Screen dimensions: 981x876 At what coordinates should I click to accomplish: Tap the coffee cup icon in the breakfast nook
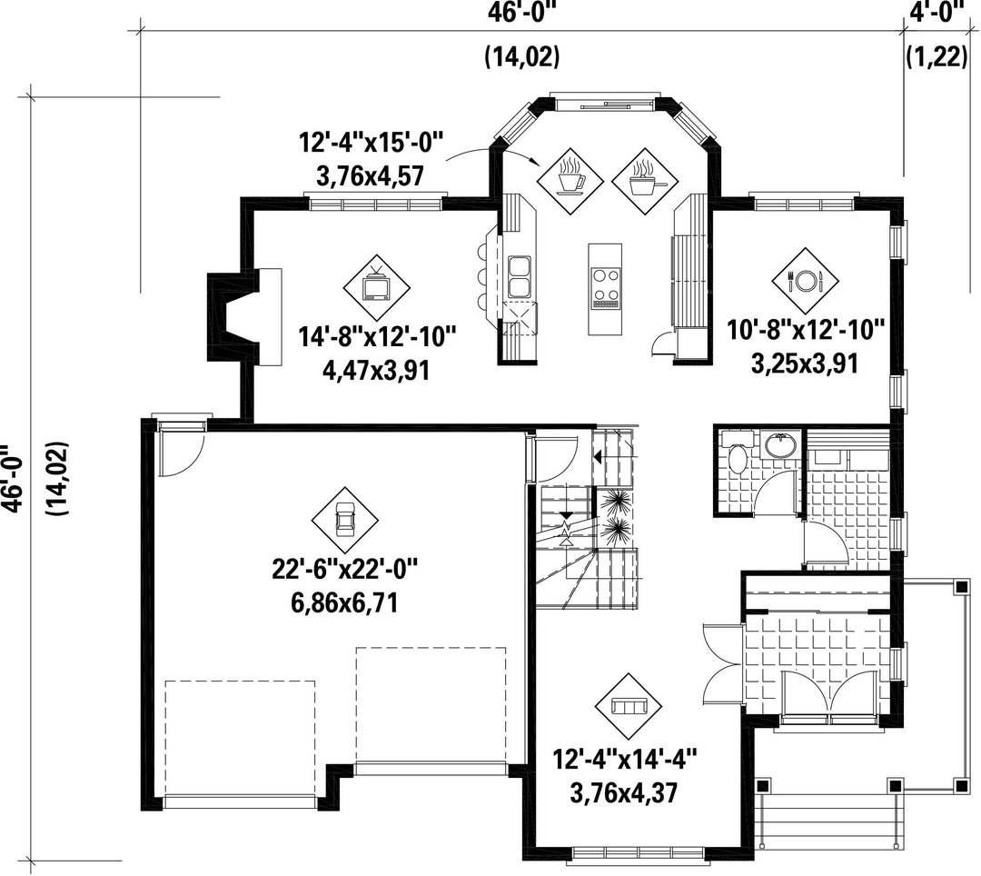coord(570,182)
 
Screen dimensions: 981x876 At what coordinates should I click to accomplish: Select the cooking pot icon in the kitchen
coord(644,182)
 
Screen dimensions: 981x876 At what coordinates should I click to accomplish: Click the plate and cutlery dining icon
coord(805,280)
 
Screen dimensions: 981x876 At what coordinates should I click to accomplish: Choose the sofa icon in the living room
coord(629,706)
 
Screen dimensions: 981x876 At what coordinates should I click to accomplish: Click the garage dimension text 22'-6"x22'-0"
coord(345,570)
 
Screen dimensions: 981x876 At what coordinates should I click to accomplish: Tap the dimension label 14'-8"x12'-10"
coord(377,338)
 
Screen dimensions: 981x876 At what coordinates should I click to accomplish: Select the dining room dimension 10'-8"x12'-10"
coord(806,330)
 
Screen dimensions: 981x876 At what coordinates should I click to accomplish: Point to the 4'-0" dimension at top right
coord(936,13)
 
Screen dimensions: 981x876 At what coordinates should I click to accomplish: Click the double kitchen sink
coord(519,276)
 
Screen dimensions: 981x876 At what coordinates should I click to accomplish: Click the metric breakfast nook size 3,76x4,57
coord(371,175)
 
